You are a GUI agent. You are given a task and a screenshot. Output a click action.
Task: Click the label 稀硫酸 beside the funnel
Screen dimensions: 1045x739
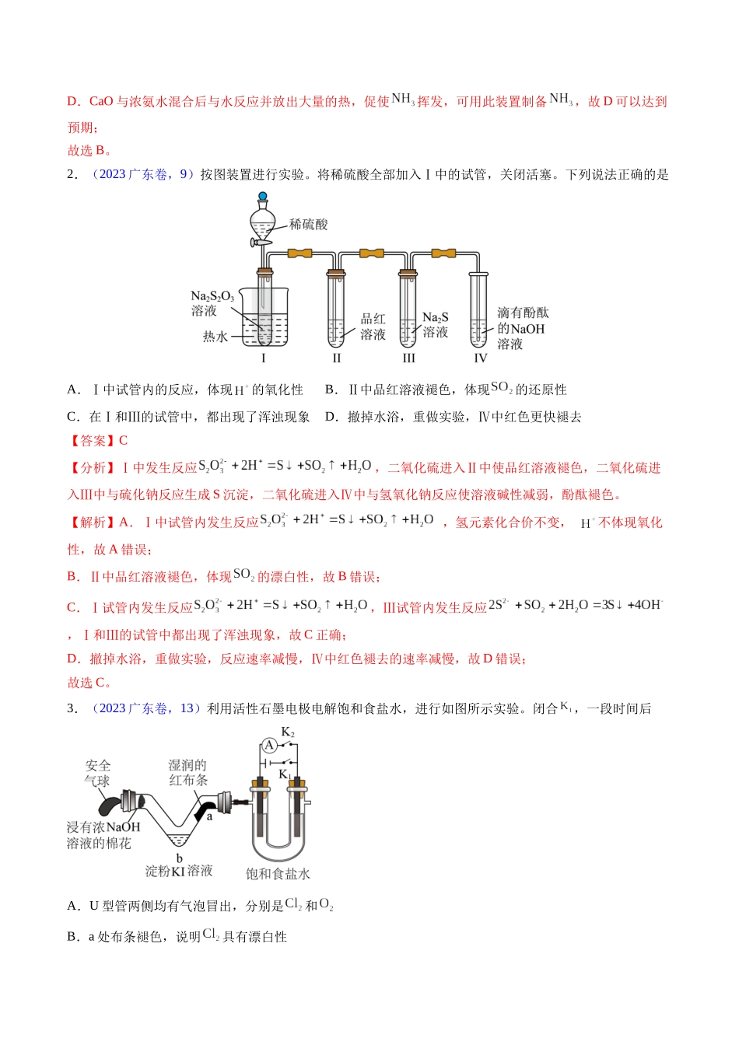(308, 225)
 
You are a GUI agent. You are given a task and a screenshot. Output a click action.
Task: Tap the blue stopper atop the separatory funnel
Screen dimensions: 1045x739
(263, 197)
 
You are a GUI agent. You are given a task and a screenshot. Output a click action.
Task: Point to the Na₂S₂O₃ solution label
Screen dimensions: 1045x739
(211, 303)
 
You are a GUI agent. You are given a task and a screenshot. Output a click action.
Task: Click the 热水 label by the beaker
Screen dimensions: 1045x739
(215, 337)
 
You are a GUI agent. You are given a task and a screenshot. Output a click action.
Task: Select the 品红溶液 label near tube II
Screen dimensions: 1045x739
(373, 327)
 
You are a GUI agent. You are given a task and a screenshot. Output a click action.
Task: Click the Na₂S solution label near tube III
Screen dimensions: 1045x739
(435, 324)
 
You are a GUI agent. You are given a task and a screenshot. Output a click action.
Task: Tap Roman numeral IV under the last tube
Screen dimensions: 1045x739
(480, 358)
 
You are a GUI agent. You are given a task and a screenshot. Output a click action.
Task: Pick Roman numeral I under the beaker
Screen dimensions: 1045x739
(263, 358)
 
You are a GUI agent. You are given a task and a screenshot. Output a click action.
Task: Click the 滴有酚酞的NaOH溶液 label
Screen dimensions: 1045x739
(522, 328)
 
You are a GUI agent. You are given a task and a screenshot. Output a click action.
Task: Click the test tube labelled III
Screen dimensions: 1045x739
(408, 311)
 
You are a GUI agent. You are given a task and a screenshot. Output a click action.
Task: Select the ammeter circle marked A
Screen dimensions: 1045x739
(269, 745)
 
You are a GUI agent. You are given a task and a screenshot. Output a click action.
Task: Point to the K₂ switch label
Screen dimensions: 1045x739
(288, 732)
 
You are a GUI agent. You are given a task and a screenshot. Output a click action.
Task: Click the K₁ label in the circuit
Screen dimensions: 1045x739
(285, 774)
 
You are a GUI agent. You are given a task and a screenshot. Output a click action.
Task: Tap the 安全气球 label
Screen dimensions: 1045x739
(98, 773)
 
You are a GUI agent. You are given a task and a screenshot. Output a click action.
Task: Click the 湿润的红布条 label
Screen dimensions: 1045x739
(187, 772)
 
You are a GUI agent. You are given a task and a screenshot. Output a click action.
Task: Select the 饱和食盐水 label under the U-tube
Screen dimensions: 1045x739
(278, 874)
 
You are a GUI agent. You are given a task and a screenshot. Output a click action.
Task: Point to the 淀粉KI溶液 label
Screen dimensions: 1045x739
(179, 871)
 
